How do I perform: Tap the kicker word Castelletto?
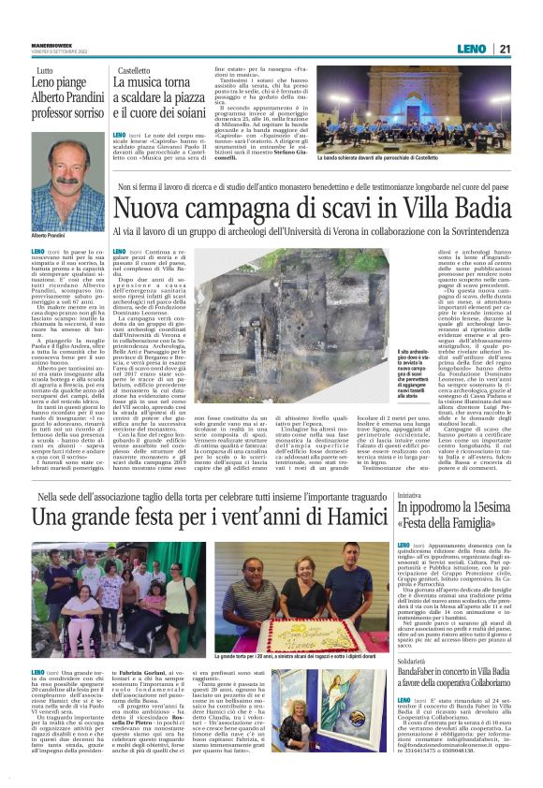point(134,71)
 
